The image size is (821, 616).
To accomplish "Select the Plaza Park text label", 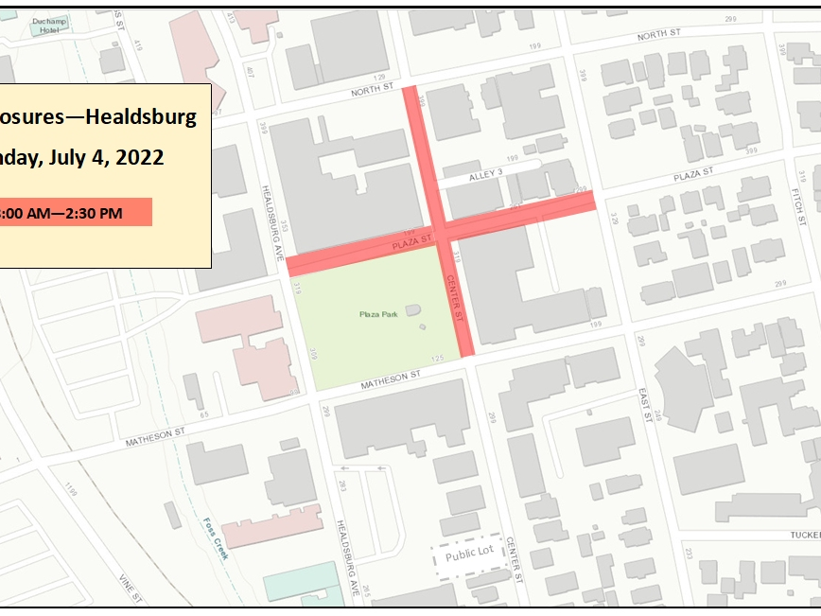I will (x=376, y=313).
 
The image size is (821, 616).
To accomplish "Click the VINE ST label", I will (x=129, y=590).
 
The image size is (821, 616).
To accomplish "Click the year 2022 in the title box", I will (x=141, y=157).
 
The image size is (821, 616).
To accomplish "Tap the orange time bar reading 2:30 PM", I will (x=76, y=213).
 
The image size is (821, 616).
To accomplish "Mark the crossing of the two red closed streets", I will (x=439, y=232).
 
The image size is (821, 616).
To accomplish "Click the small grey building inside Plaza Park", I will (x=412, y=310).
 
